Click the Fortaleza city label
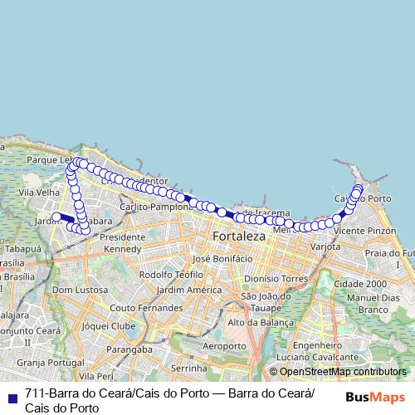(239, 236)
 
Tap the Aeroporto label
(224, 345)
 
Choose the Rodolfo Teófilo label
(172, 274)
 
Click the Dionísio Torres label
(276, 279)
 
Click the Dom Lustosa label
(76, 290)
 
